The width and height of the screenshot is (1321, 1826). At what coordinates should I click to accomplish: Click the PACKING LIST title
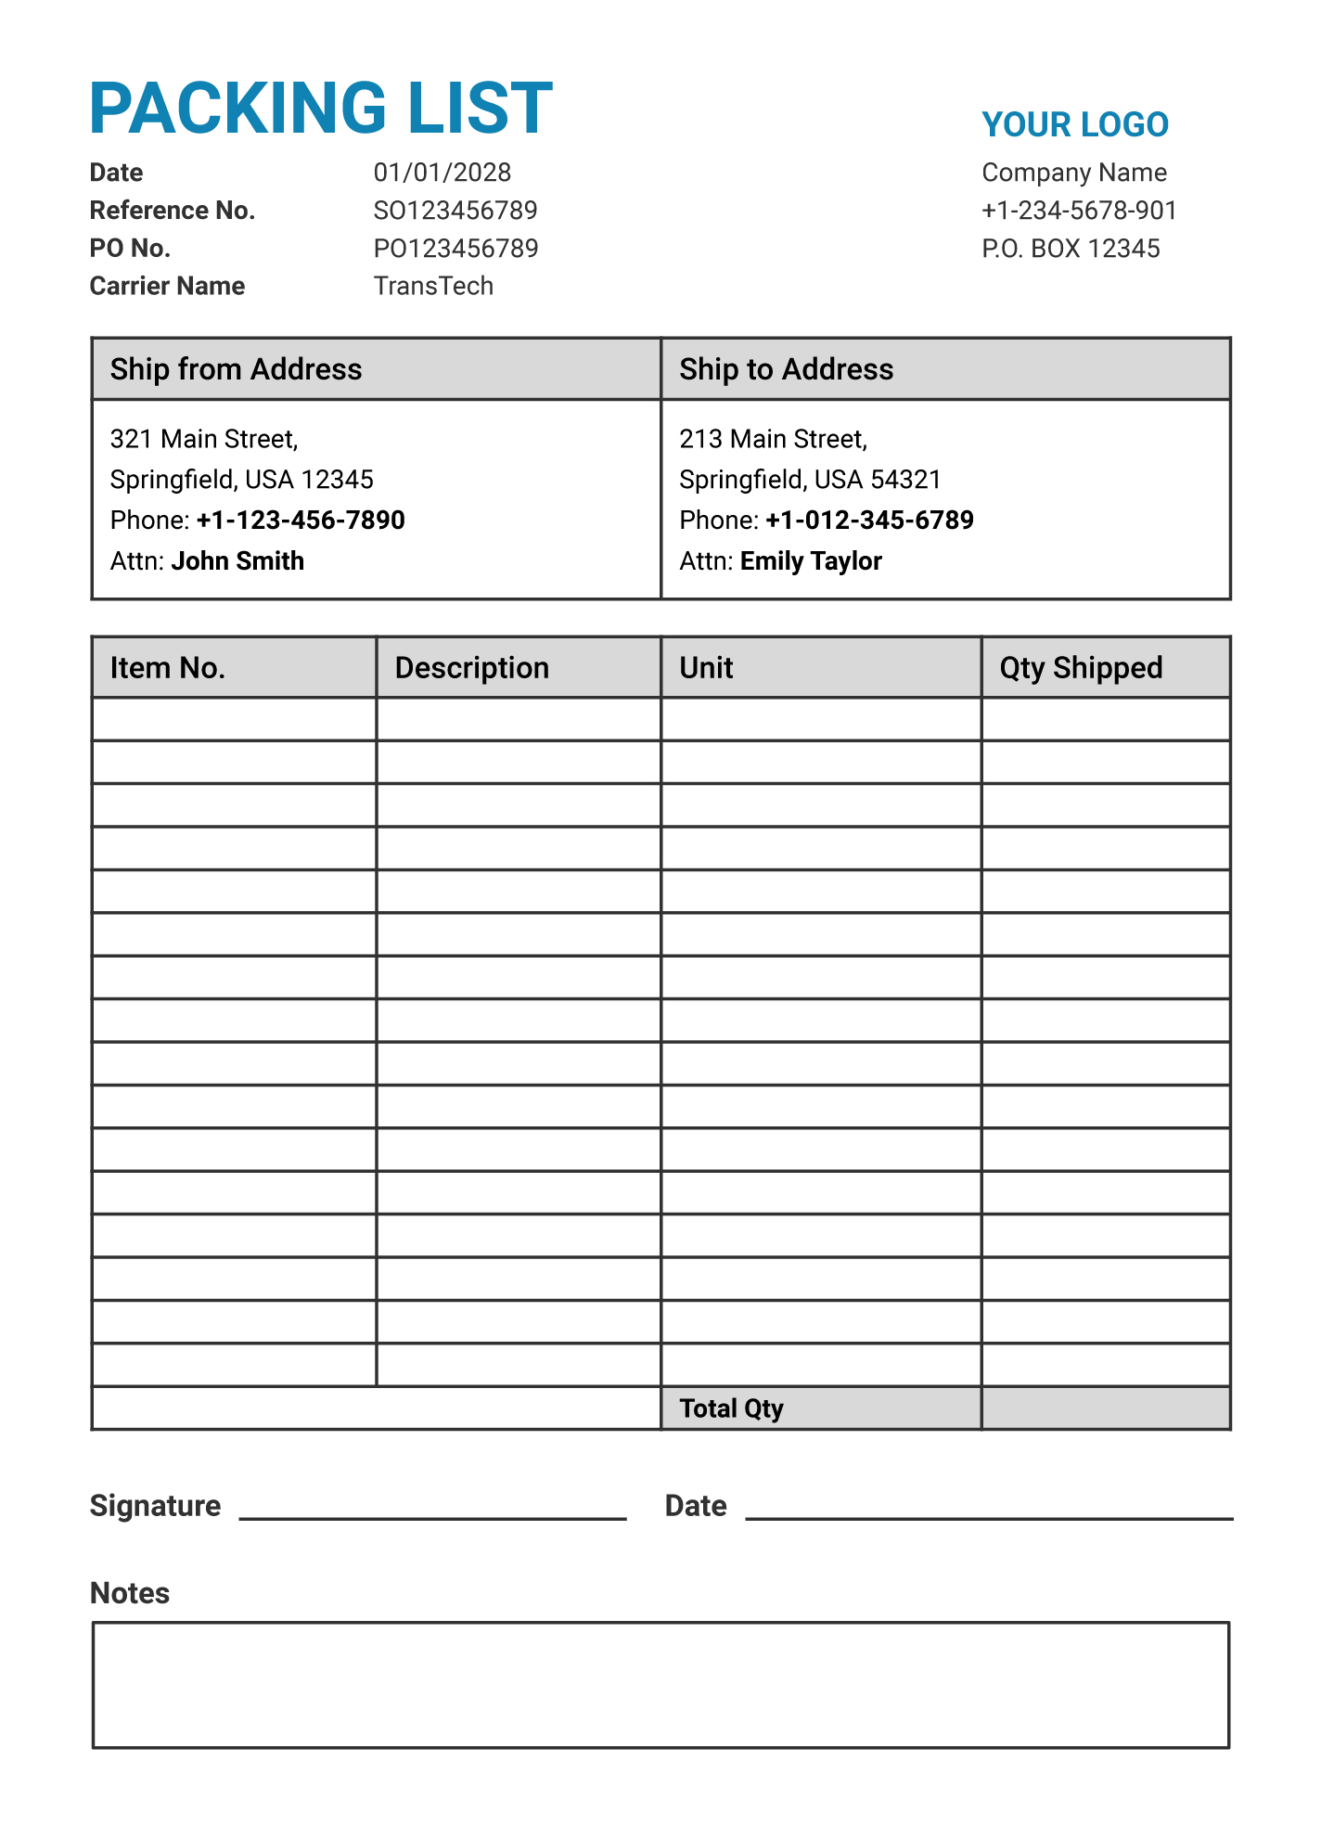(x=321, y=109)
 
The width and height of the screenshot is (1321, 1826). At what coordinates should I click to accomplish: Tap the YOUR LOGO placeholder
(x=1074, y=125)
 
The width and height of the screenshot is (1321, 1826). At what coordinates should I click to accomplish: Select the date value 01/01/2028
(x=442, y=173)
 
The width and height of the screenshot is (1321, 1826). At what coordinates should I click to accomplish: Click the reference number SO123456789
(x=455, y=211)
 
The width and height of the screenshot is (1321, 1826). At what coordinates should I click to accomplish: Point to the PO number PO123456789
(x=455, y=249)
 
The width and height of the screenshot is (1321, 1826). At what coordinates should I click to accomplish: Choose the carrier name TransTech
(x=433, y=286)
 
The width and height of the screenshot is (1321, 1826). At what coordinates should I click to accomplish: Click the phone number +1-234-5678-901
(x=1079, y=211)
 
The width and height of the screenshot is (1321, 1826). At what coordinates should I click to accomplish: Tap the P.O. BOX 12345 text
(x=1071, y=249)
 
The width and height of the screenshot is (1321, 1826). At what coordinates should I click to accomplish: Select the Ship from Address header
(x=236, y=369)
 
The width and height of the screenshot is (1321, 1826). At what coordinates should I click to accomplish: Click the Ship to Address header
(x=786, y=369)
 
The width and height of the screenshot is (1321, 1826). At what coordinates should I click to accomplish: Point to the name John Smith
(x=237, y=561)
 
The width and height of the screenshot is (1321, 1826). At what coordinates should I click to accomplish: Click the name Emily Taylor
(x=811, y=561)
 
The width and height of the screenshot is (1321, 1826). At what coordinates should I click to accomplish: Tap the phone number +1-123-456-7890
(x=301, y=521)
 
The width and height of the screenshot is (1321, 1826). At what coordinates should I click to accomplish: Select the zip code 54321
(x=905, y=480)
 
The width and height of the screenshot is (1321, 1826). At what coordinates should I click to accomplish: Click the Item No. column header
(x=168, y=668)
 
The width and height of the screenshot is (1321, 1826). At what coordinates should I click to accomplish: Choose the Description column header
(x=471, y=668)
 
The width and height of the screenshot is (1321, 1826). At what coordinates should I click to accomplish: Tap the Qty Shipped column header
(x=1081, y=668)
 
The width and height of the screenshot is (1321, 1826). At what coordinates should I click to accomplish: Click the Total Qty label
(x=731, y=1408)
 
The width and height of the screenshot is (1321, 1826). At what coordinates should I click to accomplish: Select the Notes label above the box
(x=130, y=1593)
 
